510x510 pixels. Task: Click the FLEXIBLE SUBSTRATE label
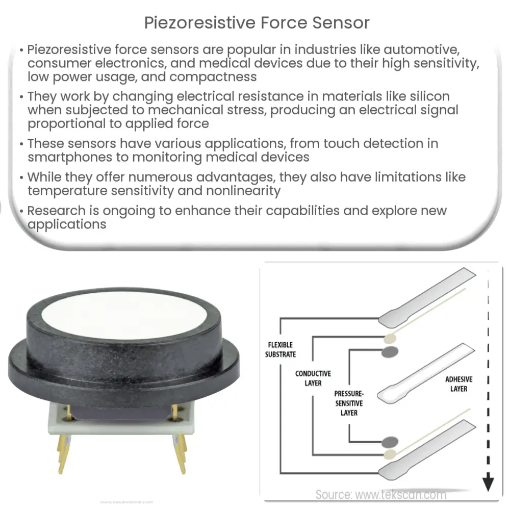tap(280, 349)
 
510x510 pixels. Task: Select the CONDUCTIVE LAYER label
tap(313, 378)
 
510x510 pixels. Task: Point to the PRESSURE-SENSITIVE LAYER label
tap(349, 403)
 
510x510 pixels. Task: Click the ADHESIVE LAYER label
tap(459, 384)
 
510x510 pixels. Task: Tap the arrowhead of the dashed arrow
tap(489, 481)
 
